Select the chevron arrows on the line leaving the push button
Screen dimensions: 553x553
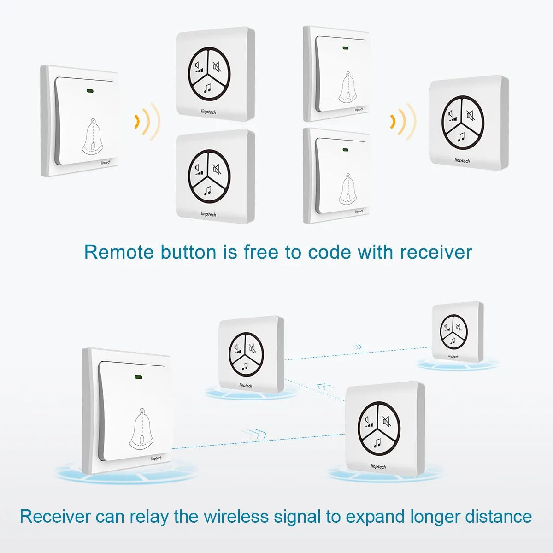coord(253,433)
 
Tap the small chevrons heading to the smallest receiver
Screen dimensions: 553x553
coord(357,347)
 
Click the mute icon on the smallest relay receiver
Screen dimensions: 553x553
coord(459,327)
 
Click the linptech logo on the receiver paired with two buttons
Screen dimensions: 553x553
coord(462,161)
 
